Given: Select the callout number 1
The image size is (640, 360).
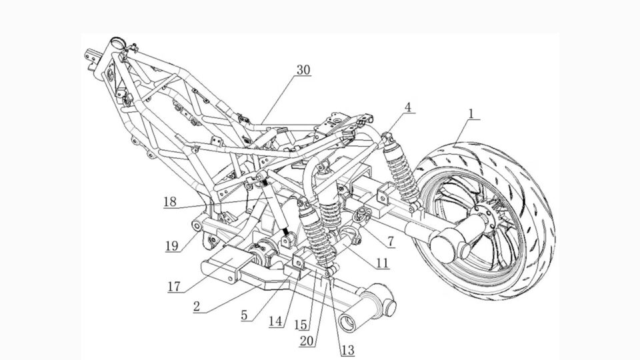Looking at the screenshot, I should pyautogui.click(x=471, y=113).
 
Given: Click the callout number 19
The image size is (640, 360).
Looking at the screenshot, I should pyautogui.click(x=171, y=246).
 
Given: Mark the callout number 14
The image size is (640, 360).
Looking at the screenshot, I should pyautogui.click(x=275, y=321).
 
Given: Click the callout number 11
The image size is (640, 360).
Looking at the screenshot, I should pyautogui.click(x=381, y=263).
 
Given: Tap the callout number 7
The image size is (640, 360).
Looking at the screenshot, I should pyautogui.click(x=387, y=241).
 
